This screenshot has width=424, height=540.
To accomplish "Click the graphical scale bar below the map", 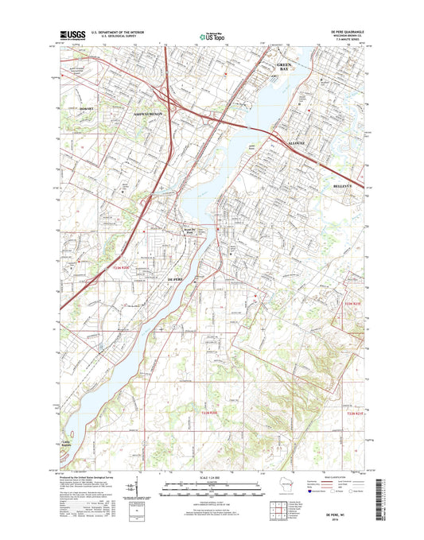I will [212, 486].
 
